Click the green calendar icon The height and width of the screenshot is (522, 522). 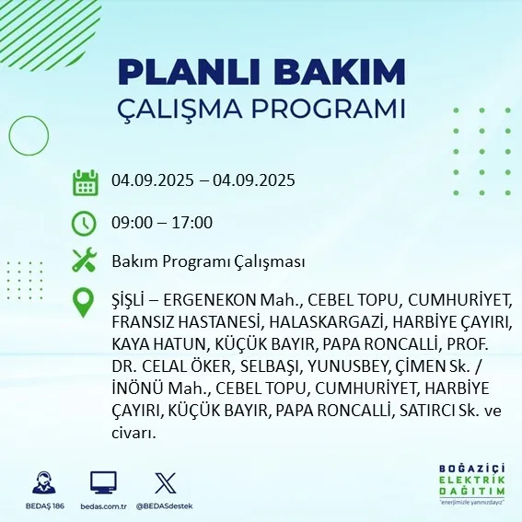[x=86, y=181]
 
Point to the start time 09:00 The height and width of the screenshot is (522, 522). [x=132, y=222]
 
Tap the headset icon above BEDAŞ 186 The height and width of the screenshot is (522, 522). [x=42, y=483]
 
